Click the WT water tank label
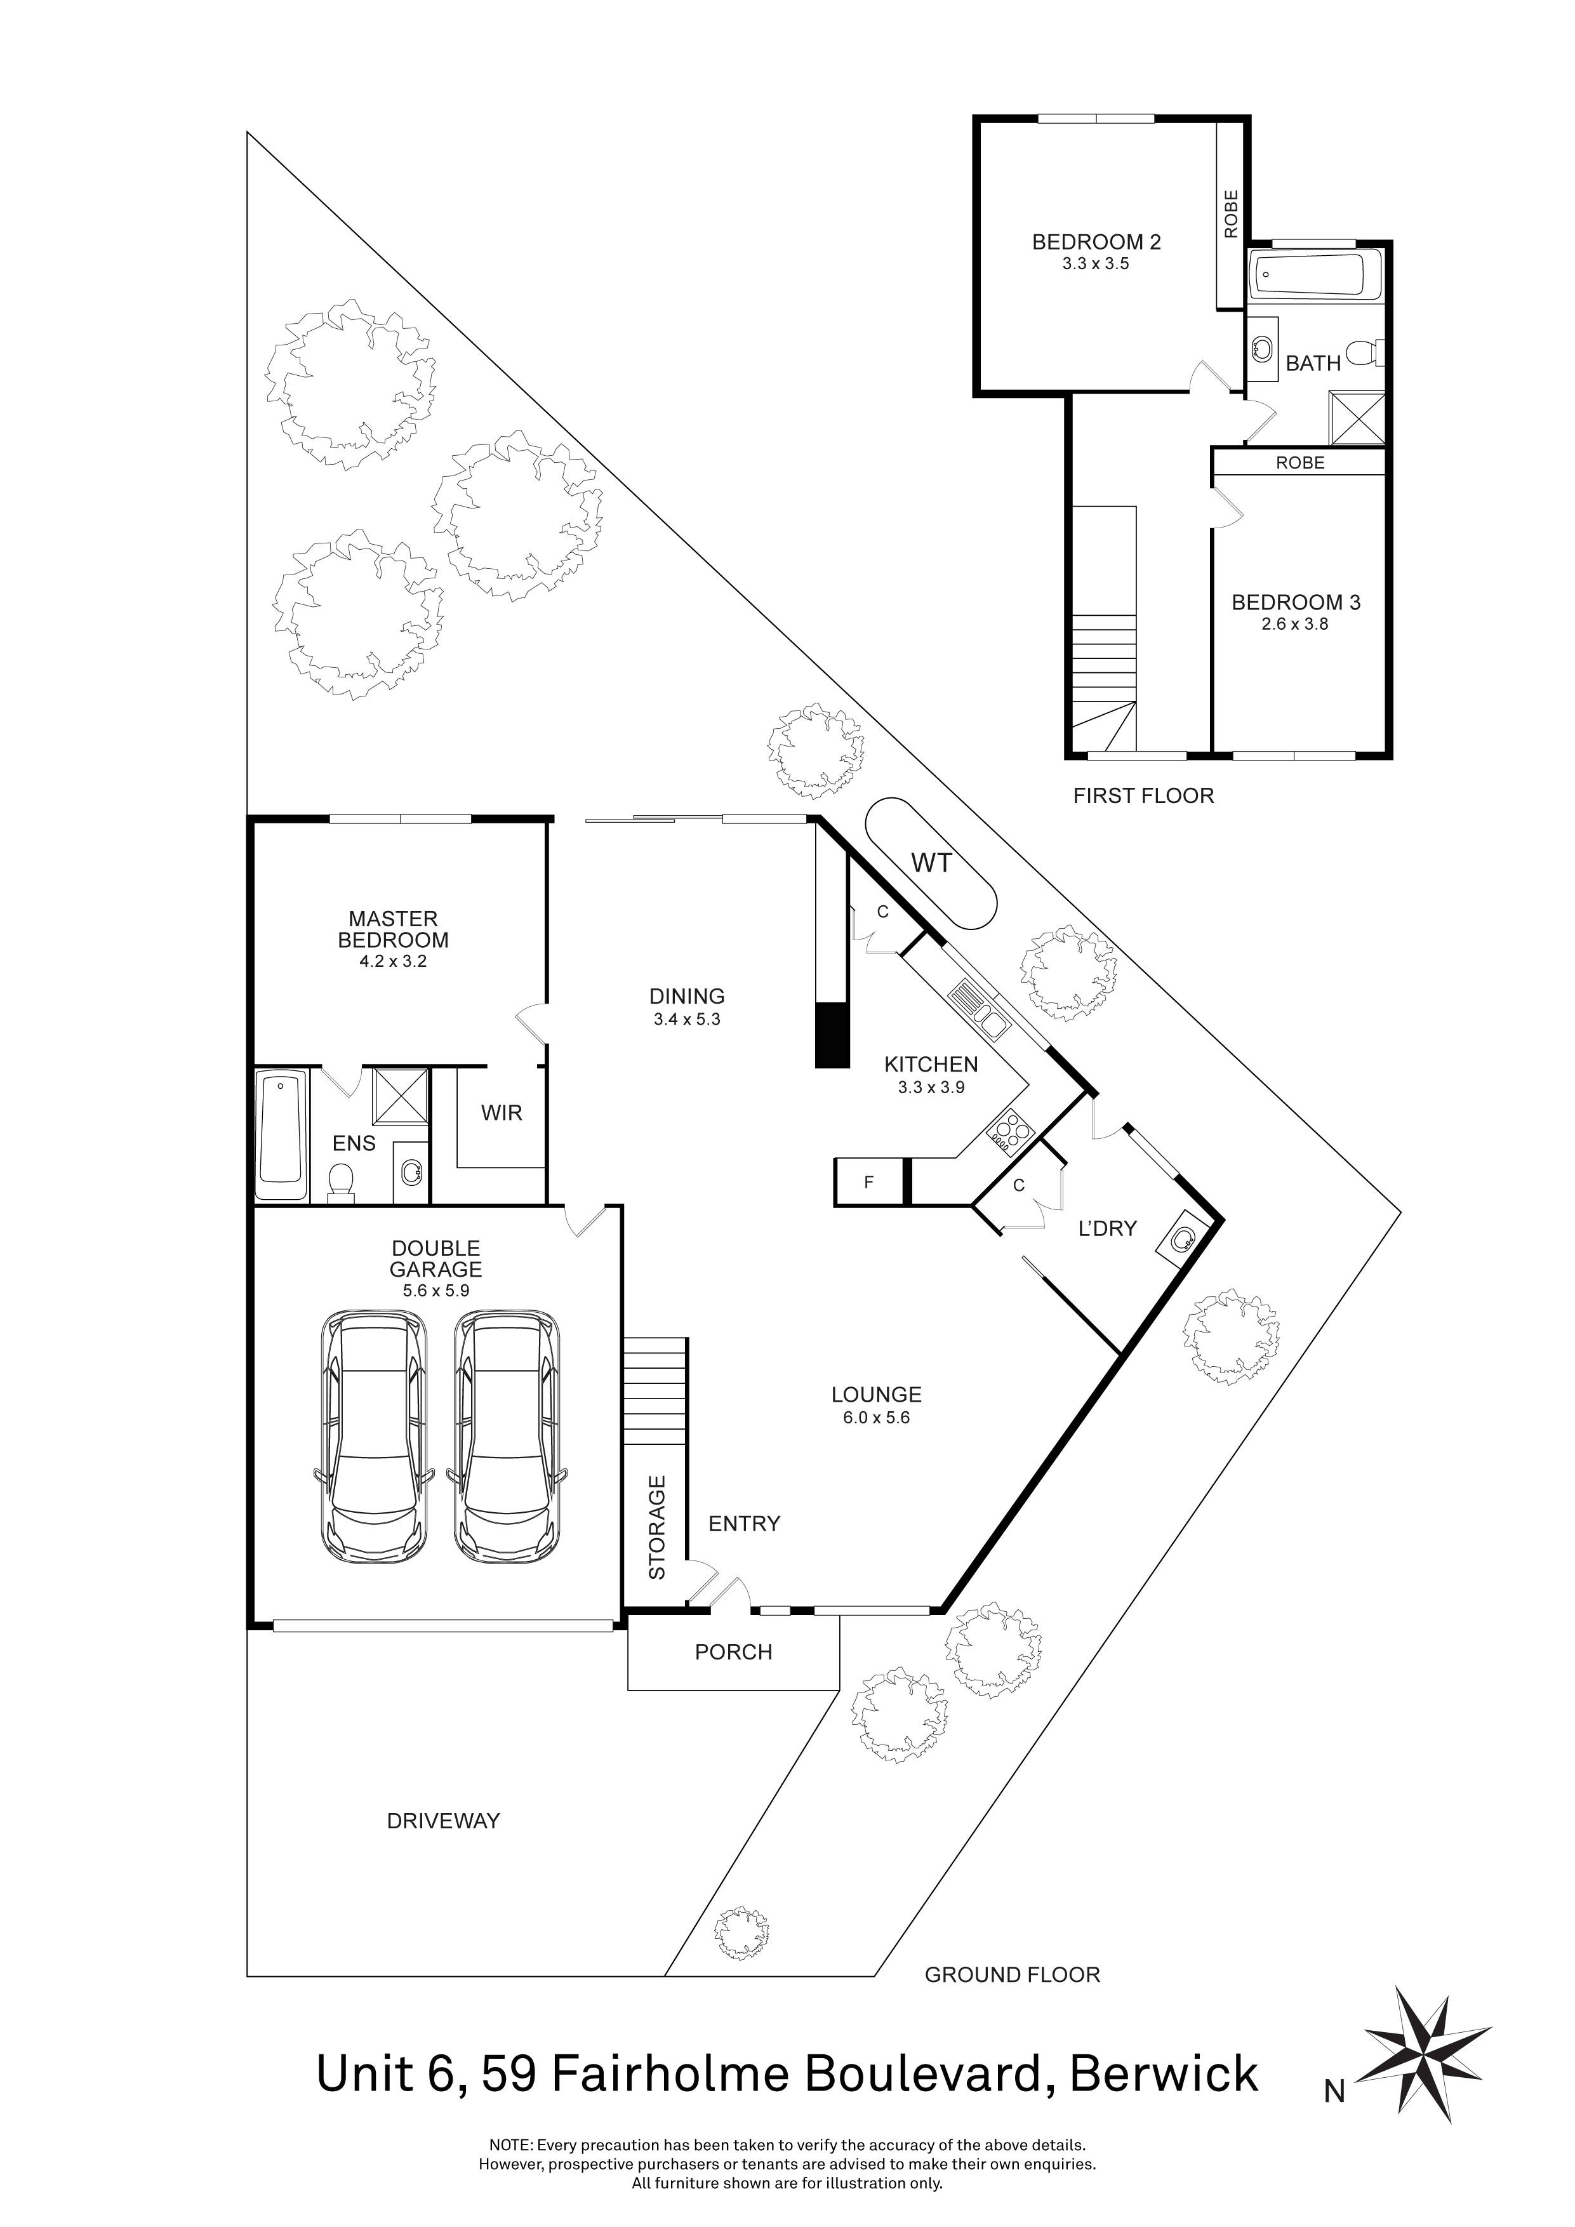tap(931, 862)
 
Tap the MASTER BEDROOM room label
tap(393, 929)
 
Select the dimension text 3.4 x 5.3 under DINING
tap(687, 1020)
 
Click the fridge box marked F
tap(869, 1182)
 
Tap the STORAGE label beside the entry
tap(656, 1527)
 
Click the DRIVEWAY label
tap(443, 1821)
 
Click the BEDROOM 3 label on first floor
tap(1296, 602)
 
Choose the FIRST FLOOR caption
tap(1143, 796)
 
